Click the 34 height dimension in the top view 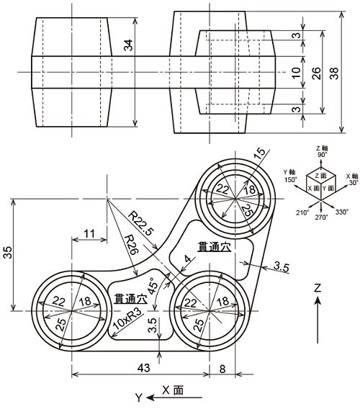pyautogui.click(x=128, y=45)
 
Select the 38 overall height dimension pyautogui.click(x=334, y=73)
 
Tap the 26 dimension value pyautogui.click(x=315, y=73)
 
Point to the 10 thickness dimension pyautogui.click(x=297, y=73)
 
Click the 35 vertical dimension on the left pyautogui.click(x=9, y=252)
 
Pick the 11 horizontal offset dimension pyautogui.click(x=89, y=233)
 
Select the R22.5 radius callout pyautogui.click(x=142, y=223)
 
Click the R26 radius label pyautogui.click(x=131, y=245)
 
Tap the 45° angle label pyautogui.click(x=153, y=285)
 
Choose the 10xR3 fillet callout pyautogui.click(x=127, y=318)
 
